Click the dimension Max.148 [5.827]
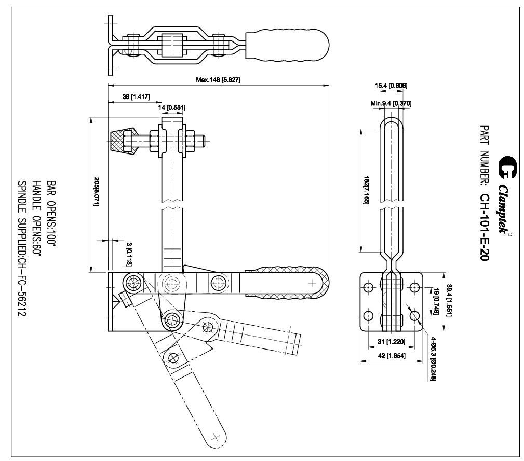click(x=218, y=80)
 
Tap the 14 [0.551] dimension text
click(x=172, y=107)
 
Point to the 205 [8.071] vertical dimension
click(x=97, y=191)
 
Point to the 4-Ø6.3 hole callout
click(x=432, y=358)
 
